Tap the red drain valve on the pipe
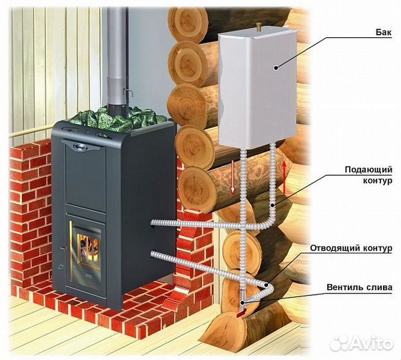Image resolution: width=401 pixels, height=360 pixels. [243, 307]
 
